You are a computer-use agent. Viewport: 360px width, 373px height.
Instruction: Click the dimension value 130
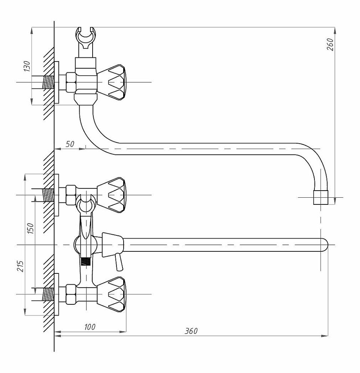[27, 66]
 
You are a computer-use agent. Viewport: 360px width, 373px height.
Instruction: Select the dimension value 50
[70, 144]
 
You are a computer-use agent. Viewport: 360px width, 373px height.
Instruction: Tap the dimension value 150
[31, 228]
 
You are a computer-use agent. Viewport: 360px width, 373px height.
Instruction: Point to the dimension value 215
[20, 266]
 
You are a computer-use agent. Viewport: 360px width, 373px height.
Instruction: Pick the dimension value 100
[90, 327]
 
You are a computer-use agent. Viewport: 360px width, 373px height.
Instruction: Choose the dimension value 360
[191, 331]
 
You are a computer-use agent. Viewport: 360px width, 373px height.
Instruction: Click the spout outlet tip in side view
[321, 197]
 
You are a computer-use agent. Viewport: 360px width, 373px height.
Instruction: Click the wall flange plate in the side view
[56, 82]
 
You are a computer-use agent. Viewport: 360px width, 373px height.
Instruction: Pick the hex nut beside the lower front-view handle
[71, 294]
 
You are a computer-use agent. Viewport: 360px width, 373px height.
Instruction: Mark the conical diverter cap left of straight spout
[113, 245]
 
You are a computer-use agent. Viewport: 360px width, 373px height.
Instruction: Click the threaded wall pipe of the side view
[48, 82]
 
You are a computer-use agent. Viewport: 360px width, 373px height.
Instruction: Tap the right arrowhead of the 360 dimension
[325, 336]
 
